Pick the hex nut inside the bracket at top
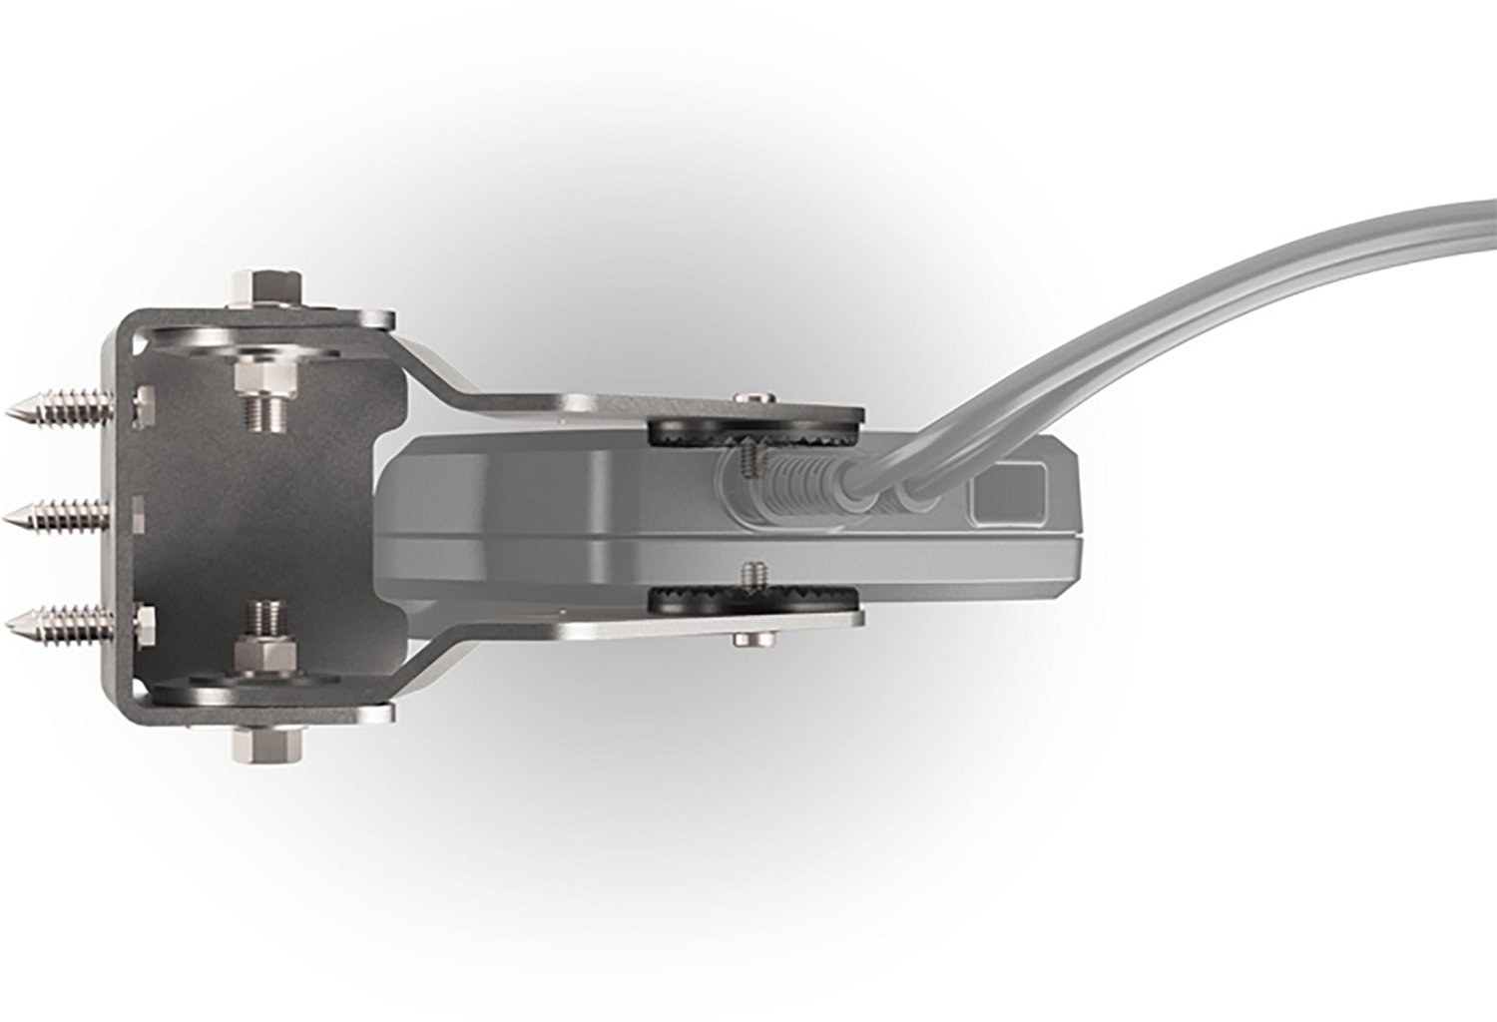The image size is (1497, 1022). (x=265, y=377)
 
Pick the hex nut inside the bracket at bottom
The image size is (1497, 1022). (x=265, y=654)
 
